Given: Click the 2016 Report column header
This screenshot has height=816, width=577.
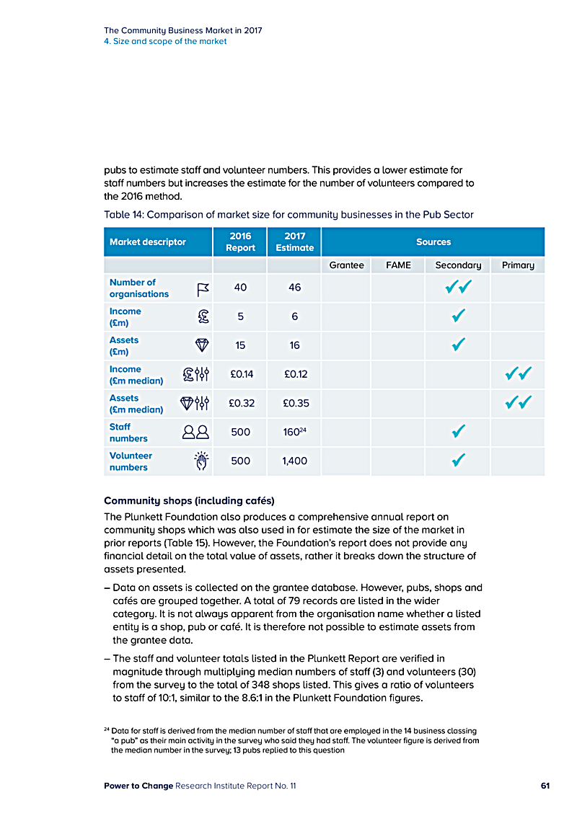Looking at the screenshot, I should pos(240,241).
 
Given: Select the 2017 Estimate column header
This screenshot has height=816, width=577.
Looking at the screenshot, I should pos(294,241).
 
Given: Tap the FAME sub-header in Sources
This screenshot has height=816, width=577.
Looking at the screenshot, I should pos(398,265).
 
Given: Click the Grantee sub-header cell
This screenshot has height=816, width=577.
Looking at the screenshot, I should pos(346,265).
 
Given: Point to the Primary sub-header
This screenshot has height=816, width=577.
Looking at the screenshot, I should pos(518,265).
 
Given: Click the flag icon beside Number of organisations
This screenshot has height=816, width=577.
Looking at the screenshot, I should pos(203,289).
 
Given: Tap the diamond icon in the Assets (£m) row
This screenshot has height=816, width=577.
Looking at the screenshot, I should pos(202,346).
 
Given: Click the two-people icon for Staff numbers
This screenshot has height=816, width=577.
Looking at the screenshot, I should pos(195,433).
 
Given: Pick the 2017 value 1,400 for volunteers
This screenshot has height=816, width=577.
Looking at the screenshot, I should pos(294,461).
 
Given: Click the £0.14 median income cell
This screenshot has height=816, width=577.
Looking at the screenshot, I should pos(240,374).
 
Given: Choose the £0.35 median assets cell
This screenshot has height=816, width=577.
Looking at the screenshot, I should pos(294,403).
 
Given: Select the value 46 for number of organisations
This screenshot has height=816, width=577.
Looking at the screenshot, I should pos(294,288).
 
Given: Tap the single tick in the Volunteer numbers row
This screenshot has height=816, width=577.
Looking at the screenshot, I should pos(457,460).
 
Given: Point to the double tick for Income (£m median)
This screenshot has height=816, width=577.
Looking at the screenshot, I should pos(519,373).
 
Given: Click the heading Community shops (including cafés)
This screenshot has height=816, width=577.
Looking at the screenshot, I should pos(189,500).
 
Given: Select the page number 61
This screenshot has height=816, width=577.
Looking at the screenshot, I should pos(545,786).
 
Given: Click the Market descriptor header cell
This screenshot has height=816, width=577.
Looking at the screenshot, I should pos(148,242).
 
